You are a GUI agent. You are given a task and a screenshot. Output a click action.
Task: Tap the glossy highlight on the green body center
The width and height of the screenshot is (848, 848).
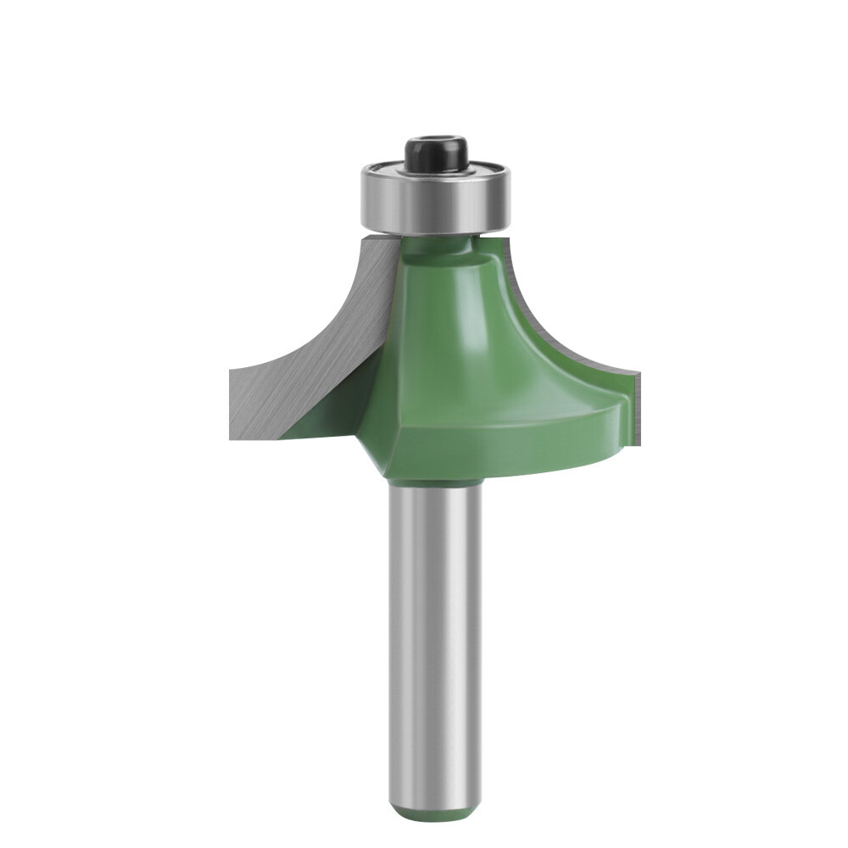[x=441, y=339]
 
